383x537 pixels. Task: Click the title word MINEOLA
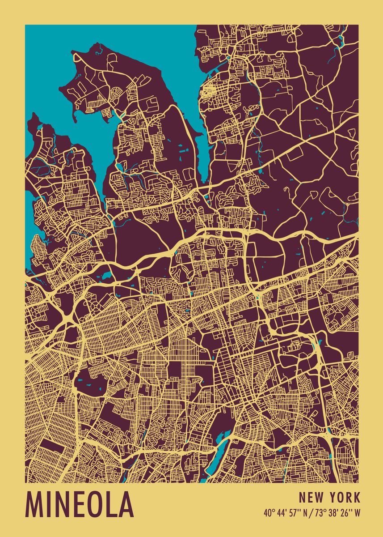tap(80, 504)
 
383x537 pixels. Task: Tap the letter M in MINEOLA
tap(36, 504)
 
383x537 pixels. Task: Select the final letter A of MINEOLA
tap(125, 504)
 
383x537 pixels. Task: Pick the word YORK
tap(345, 497)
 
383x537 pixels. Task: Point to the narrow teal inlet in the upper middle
tap(203, 148)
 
